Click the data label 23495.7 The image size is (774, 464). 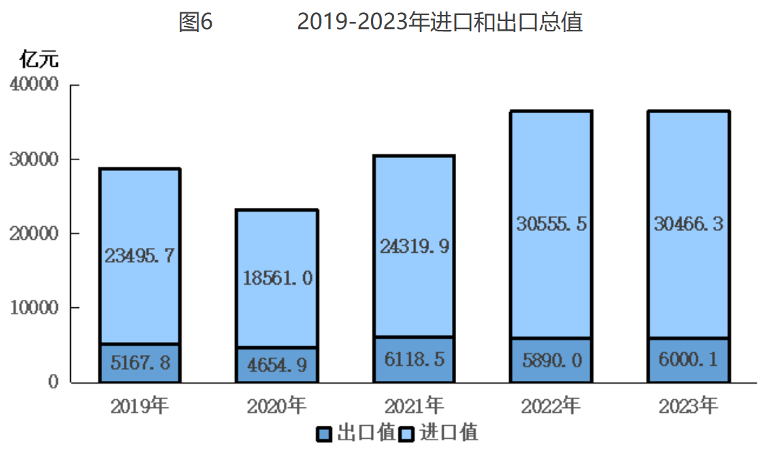(x=140, y=256)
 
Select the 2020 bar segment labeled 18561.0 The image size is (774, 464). (x=277, y=277)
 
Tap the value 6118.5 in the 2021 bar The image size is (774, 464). (x=414, y=359)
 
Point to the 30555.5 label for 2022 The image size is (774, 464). (x=551, y=223)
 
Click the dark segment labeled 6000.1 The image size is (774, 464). (x=688, y=359)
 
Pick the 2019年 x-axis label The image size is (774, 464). (x=140, y=407)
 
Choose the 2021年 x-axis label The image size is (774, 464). (x=414, y=407)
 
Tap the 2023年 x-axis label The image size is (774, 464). (x=688, y=407)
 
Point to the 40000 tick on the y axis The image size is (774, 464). (x=35, y=85)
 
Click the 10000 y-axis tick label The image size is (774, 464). (x=35, y=308)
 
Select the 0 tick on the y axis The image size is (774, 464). (x=54, y=382)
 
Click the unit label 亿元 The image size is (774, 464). (x=39, y=59)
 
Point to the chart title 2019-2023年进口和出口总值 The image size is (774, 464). (x=440, y=22)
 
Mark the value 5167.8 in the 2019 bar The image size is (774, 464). (x=140, y=362)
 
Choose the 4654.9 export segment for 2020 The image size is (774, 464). (x=277, y=365)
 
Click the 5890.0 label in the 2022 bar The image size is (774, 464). (x=551, y=360)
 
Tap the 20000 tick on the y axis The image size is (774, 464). (x=35, y=234)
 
